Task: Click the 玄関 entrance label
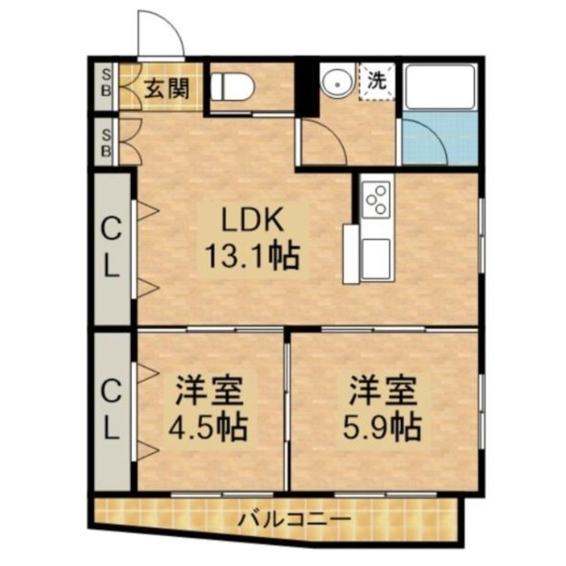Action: pyautogui.click(x=166, y=90)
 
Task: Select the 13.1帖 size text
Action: pyautogui.click(x=251, y=256)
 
